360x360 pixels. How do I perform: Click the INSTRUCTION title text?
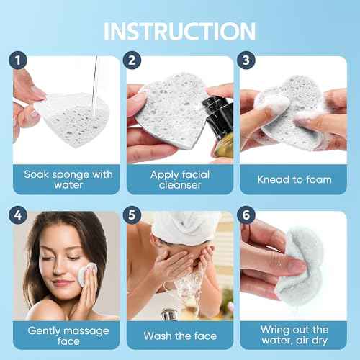tap(180, 31)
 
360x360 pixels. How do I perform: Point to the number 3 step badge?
tap(248, 61)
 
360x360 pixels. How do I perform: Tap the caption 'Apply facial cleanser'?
tap(180, 179)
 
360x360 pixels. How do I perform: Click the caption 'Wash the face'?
tap(180, 336)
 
